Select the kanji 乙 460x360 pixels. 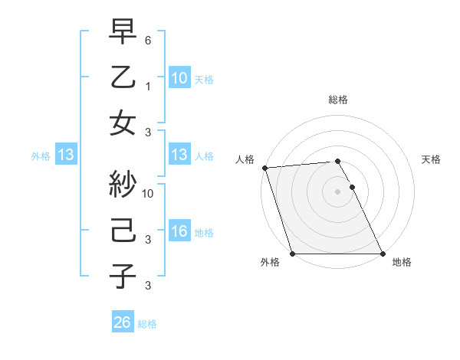click(123, 78)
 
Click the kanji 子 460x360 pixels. click(123, 275)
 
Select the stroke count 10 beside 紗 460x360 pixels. click(149, 193)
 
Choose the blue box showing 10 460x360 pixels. click(179, 78)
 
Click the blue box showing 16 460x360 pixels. click(179, 232)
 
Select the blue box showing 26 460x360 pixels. click(123, 322)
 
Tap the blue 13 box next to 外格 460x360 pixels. click(65, 155)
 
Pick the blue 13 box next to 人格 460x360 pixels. click(179, 155)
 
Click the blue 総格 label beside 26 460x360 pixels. click(147, 324)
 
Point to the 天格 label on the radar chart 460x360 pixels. click(432, 159)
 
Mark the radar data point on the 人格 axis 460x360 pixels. click(264, 168)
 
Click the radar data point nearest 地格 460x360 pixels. click(383, 254)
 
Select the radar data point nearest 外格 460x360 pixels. click(292, 254)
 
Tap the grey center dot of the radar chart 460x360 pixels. click(337, 191)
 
